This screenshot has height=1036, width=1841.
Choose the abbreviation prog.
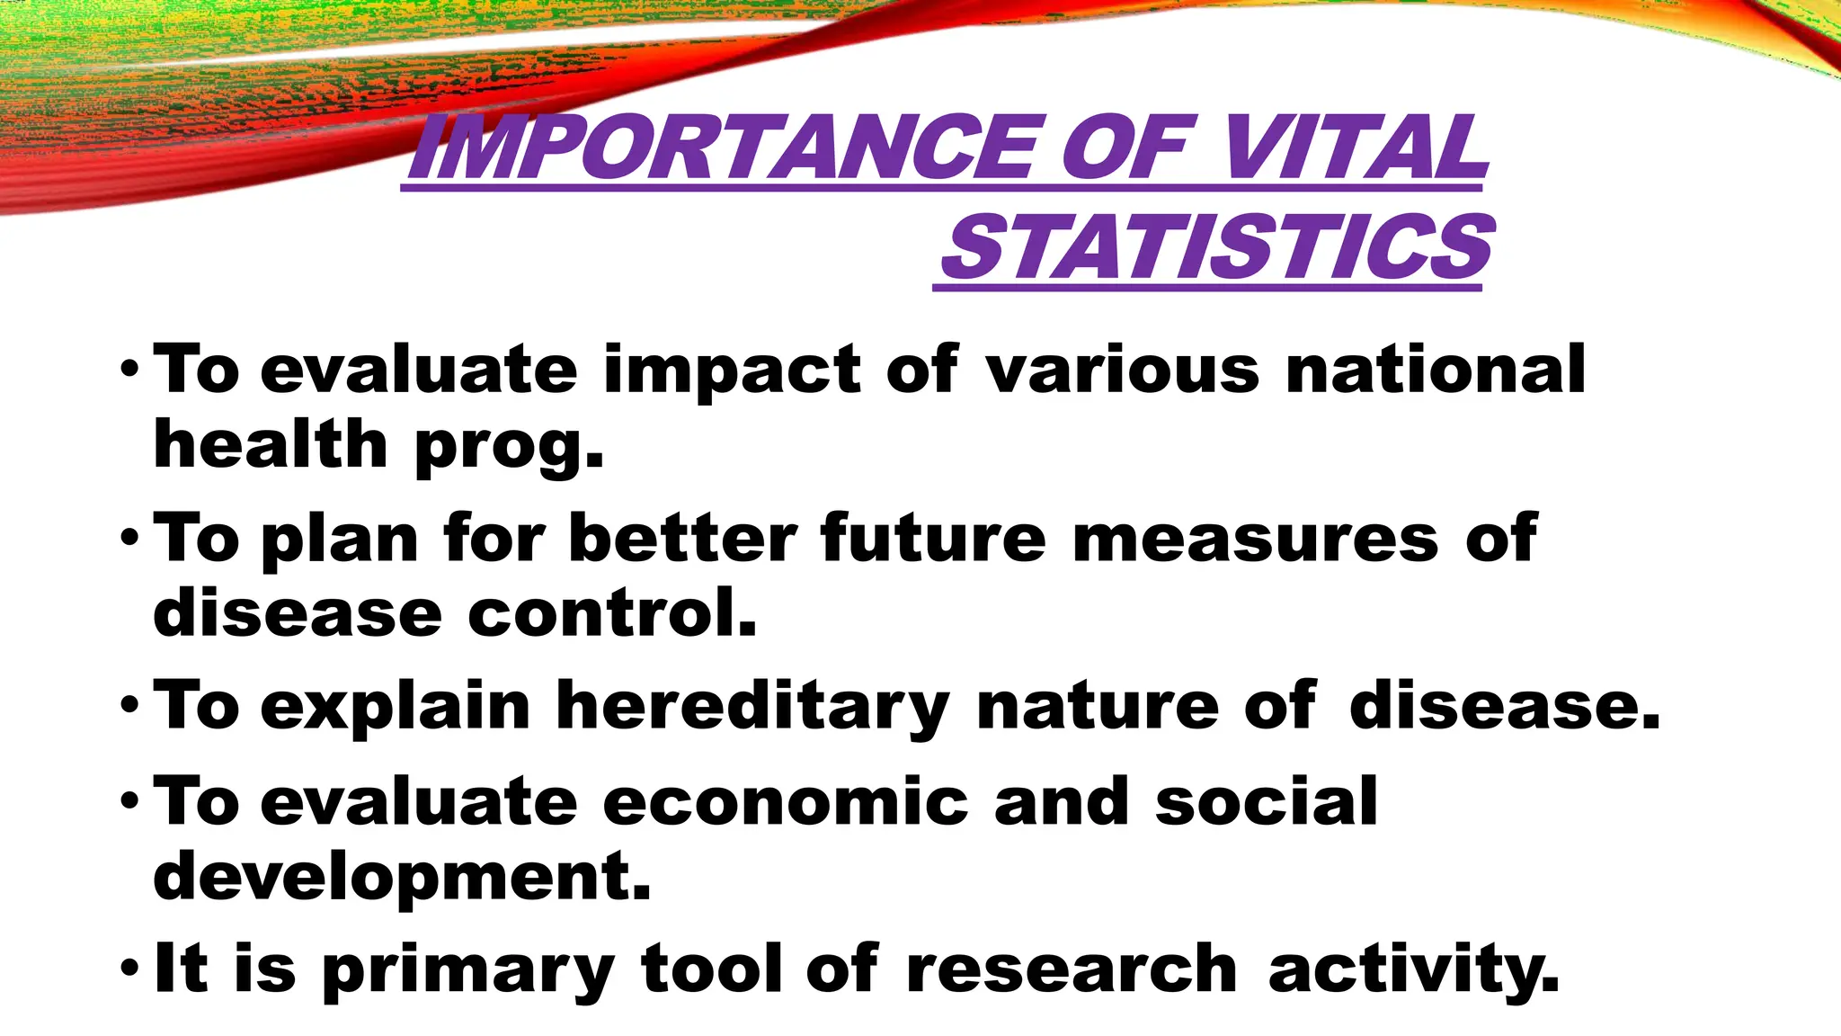[x=508, y=446]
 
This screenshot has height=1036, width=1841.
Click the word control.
[x=611, y=613]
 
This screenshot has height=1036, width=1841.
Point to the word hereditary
[x=752, y=707]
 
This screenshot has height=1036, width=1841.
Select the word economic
[x=786, y=801]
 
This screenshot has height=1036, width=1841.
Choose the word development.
[x=401, y=878]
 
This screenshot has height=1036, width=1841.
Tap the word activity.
[x=1413, y=969]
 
